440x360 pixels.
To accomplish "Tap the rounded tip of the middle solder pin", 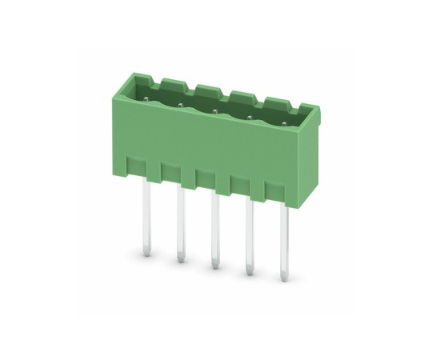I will click(214, 263).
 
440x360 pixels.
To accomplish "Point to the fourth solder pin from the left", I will click(249, 235).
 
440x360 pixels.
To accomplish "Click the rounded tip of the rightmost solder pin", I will click(284, 277).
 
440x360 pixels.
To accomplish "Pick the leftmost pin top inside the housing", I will click(146, 99).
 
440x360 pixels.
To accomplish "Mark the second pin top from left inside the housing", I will click(181, 105).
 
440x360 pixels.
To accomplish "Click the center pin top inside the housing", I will click(214, 111).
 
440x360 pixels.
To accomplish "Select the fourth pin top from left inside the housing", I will click(249, 118).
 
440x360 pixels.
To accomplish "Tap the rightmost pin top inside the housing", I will click(282, 123).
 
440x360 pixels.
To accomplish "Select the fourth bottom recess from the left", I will click(239, 185).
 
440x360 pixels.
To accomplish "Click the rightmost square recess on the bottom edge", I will click(274, 192).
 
